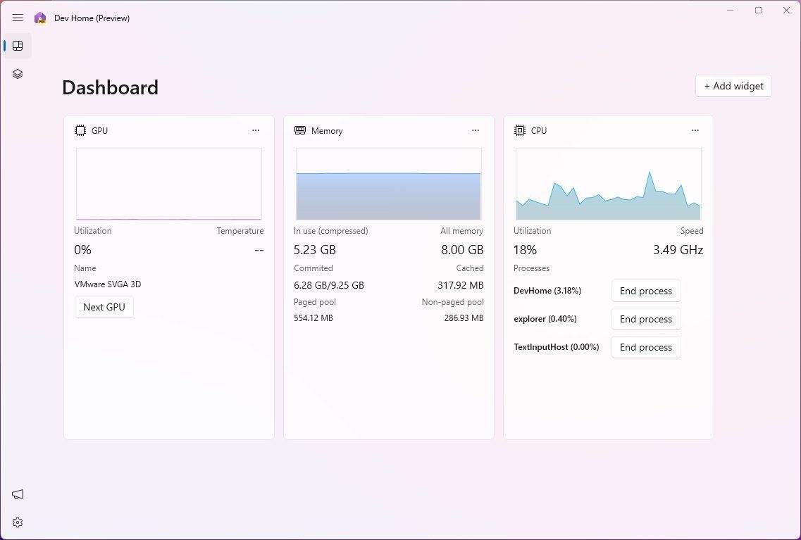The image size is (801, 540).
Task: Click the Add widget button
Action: tap(733, 86)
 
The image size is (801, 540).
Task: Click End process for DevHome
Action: tap(645, 291)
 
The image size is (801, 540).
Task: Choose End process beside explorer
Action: tap(645, 319)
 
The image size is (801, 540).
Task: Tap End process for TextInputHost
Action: tap(645, 347)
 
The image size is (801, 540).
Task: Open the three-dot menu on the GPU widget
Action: tap(256, 130)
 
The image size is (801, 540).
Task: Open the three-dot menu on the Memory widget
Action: tap(476, 130)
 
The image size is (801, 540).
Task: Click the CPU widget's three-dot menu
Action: tap(695, 130)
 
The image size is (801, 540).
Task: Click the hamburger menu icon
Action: tap(18, 18)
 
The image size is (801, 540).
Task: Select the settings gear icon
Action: tap(18, 522)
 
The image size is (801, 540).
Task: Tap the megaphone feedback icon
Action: tap(18, 494)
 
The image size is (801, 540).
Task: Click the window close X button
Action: tap(786, 11)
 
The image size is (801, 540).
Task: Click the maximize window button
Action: tap(758, 11)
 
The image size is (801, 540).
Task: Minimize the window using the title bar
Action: tap(730, 11)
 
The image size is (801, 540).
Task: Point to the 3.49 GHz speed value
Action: tap(678, 250)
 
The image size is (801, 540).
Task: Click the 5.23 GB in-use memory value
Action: tap(315, 250)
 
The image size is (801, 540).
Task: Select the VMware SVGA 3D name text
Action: tap(108, 284)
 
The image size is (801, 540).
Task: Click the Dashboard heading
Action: tap(110, 87)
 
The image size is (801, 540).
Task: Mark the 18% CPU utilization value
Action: tap(525, 250)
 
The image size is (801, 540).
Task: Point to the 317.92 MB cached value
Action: tap(460, 285)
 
